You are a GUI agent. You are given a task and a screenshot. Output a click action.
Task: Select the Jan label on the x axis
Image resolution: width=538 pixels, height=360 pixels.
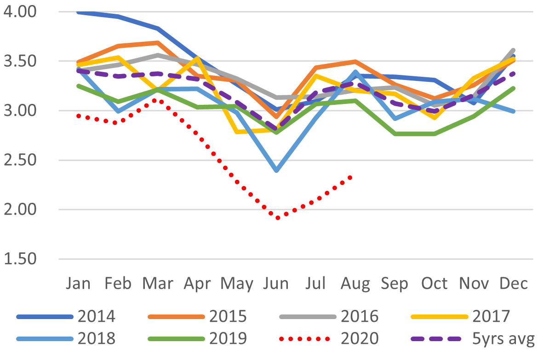tap(78, 283)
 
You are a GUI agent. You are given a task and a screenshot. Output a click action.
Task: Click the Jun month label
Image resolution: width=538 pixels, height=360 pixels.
tap(277, 283)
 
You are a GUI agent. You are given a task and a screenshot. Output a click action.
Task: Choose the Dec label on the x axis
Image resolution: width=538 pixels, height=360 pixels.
tap(514, 283)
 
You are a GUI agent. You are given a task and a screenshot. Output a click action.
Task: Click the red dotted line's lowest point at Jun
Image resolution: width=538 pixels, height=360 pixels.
tap(278, 217)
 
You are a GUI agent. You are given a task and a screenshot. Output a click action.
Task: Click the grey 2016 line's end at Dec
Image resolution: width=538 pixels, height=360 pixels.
tap(513, 50)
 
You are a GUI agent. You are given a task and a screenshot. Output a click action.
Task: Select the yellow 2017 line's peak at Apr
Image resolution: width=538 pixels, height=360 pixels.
tap(197, 58)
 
